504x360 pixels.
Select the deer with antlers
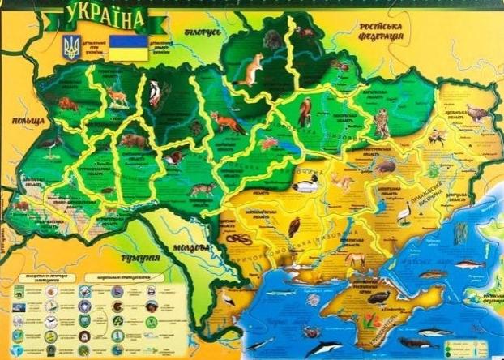pos(119,96)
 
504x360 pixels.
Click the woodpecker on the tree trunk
pos(156,94)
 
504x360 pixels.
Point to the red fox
pos(228,122)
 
